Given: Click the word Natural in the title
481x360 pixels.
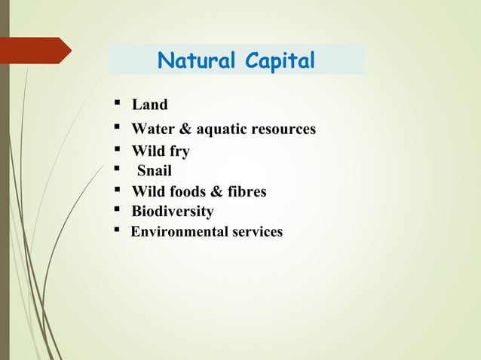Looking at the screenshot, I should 194,60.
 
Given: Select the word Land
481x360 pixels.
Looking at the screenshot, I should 149,105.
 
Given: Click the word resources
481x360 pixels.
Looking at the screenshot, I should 283,129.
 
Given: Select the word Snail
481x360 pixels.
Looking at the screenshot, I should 154,171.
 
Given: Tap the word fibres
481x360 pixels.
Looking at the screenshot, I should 246,191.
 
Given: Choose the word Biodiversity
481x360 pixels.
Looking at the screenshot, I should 173,212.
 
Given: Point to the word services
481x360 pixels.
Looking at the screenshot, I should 256,231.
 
